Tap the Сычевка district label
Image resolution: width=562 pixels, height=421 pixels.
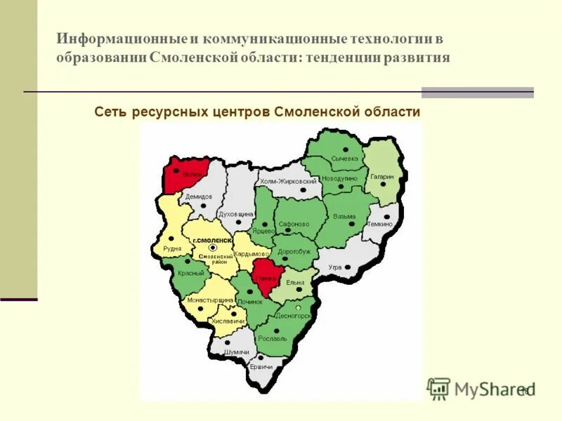point(345,159)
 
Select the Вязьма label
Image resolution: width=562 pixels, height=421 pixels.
point(344,216)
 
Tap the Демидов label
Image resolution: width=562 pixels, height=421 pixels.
point(200,196)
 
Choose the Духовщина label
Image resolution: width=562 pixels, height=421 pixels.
point(235,213)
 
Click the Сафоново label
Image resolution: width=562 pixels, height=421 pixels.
point(294,225)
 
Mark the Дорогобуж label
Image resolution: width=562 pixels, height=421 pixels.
point(294,250)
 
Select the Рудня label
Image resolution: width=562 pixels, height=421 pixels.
point(172,248)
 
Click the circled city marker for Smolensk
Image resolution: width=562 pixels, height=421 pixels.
point(214,248)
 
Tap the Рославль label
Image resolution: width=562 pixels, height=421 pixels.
point(273,338)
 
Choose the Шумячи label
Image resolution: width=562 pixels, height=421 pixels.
point(236,352)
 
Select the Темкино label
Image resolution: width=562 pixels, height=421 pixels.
point(379,224)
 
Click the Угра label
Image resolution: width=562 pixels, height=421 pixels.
point(334,267)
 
